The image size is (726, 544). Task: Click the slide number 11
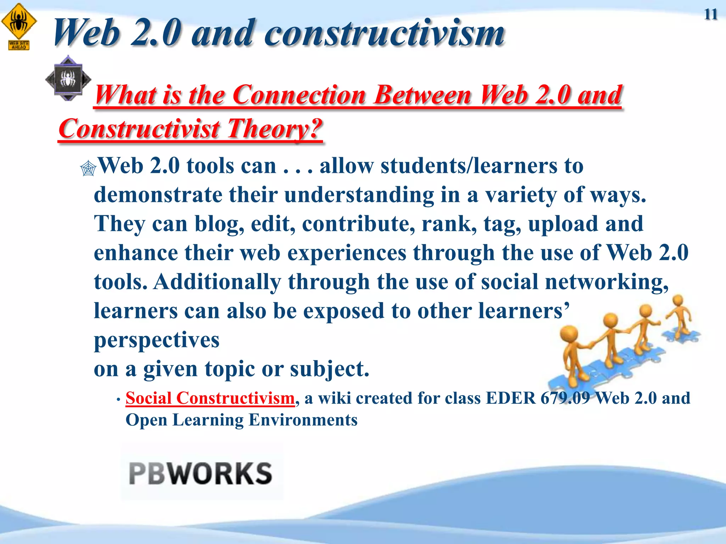(710, 15)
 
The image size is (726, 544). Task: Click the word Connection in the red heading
(299, 95)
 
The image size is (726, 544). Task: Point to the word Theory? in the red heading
(275, 128)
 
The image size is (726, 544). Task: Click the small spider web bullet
(88, 168)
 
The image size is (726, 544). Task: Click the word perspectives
(156, 340)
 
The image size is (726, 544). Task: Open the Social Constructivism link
(210, 398)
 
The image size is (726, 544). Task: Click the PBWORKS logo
(201, 473)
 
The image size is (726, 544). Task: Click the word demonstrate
(158, 195)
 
